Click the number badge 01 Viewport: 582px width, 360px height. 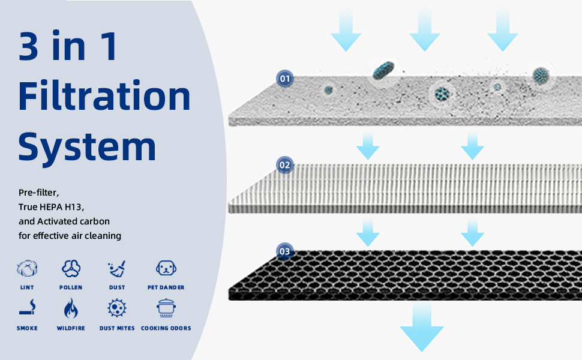click(x=284, y=79)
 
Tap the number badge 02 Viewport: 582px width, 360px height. click(x=284, y=165)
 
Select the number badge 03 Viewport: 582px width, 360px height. click(x=284, y=251)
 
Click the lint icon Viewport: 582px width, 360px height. click(x=26, y=268)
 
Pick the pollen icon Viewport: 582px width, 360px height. click(x=71, y=268)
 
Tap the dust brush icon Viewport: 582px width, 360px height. click(x=117, y=268)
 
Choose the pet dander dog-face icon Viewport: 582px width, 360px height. click(x=166, y=268)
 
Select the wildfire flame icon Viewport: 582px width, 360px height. click(x=71, y=308)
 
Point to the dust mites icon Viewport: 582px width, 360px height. click(x=117, y=308)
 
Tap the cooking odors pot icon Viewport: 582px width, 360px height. click(x=166, y=308)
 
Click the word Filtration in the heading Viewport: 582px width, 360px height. click(x=104, y=96)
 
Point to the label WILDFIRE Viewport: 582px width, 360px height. click(x=71, y=328)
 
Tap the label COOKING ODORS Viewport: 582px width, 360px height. click(x=166, y=328)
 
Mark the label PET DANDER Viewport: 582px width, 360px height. click(x=166, y=287)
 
